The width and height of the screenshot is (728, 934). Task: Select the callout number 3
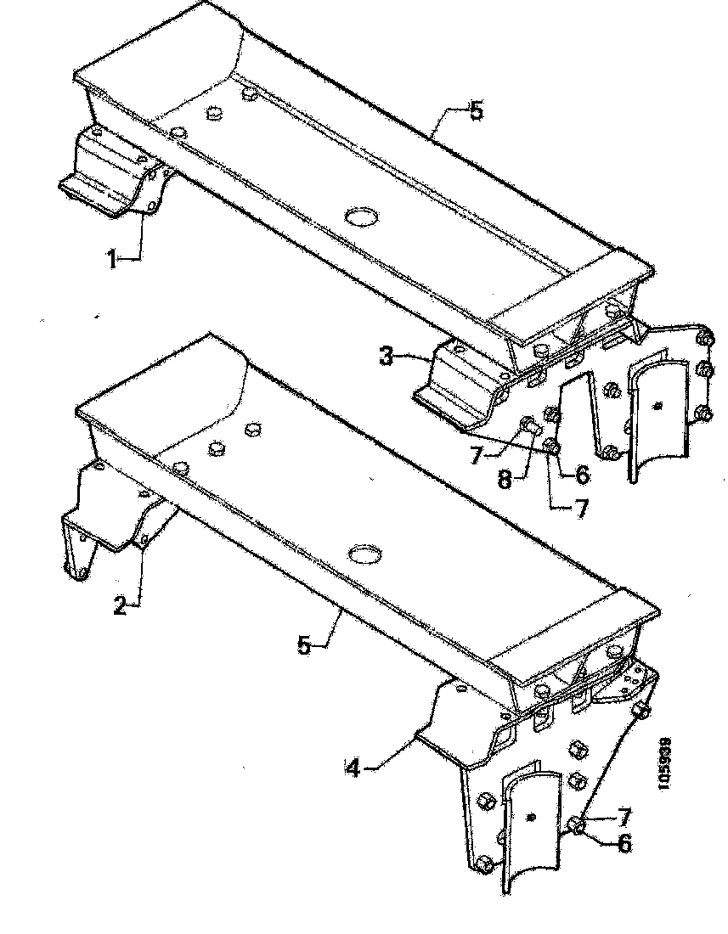pyautogui.click(x=387, y=356)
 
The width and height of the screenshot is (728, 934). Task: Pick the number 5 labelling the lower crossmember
pyautogui.click(x=305, y=644)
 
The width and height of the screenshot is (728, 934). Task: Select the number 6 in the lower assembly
pyautogui.click(x=624, y=845)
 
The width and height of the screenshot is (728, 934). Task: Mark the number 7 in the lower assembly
pyautogui.click(x=624, y=817)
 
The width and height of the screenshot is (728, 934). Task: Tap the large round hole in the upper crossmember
pyautogui.click(x=363, y=217)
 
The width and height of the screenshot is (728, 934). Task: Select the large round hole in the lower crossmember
pyautogui.click(x=365, y=554)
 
